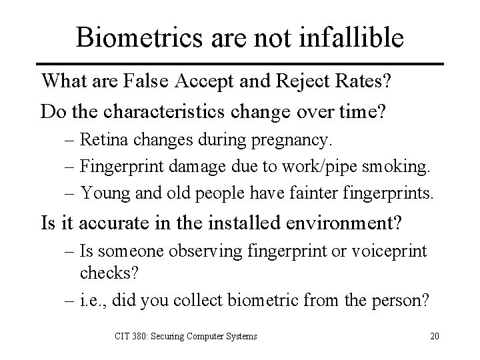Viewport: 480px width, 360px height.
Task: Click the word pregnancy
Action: click(298, 141)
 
